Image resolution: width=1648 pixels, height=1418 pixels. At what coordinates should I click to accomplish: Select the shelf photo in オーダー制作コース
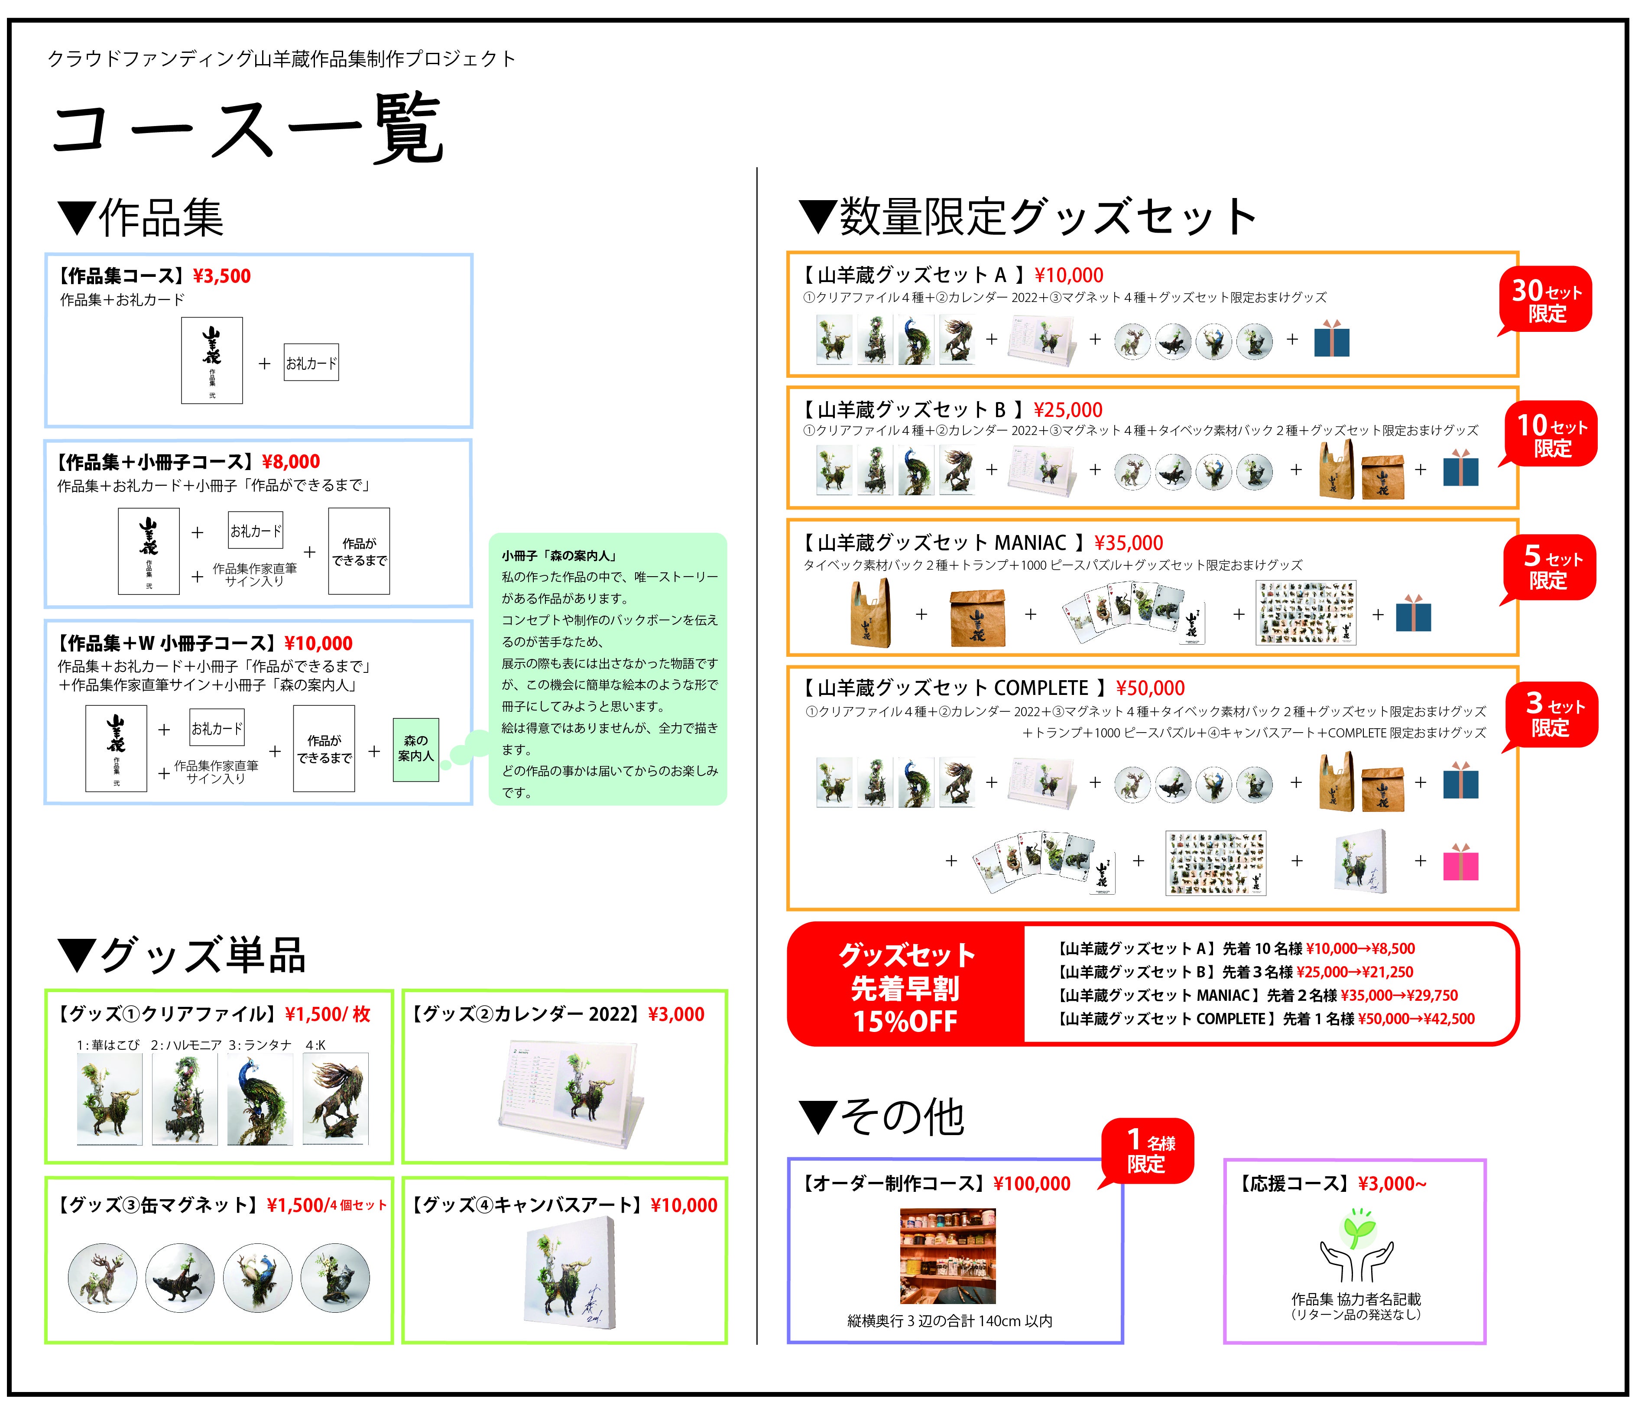[x=948, y=1256]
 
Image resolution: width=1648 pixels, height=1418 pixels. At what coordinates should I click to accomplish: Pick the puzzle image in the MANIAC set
[x=1306, y=612]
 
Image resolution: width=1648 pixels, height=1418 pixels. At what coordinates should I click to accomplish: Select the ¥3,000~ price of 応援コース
[x=1392, y=1183]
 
